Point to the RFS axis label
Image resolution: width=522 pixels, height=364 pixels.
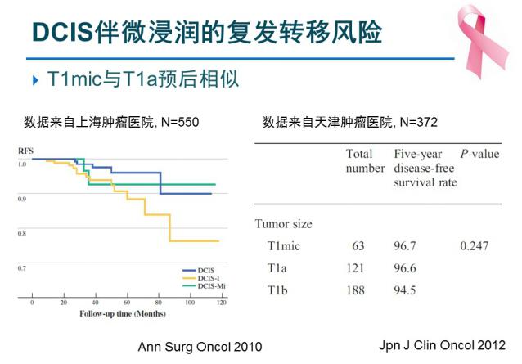click(x=26, y=151)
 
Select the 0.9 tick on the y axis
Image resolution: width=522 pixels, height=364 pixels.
click(x=22, y=199)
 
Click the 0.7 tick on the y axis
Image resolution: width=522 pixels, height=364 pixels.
click(x=22, y=268)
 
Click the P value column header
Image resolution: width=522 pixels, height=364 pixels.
click(x=479, y=153)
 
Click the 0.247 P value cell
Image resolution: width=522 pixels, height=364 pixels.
click(x=479, y=245)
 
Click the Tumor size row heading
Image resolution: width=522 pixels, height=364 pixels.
click(x=283, y=223)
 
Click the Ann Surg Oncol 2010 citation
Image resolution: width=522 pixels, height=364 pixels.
click(x=200, y=346)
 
